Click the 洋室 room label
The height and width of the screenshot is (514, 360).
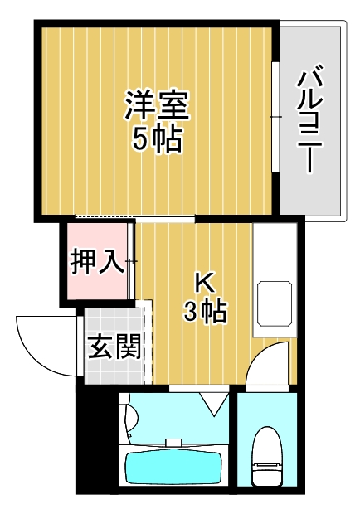click(x=158, y=104)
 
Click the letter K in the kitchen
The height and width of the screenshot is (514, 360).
click(x=202, y=282)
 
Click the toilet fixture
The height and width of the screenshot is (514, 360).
click(x=267, y=456)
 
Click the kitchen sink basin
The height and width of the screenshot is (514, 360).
click(x=275, y=303)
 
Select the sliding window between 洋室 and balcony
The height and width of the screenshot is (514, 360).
click(x=275, y=116)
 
